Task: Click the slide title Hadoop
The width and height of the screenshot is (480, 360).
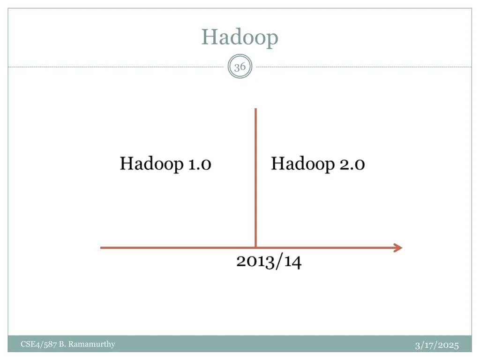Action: (x=240, y=37)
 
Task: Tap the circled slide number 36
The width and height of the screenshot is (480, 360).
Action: (x=240, y=67)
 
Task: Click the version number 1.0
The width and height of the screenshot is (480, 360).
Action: (x=199, y=165)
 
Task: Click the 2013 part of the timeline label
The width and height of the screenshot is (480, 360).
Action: (x=255, y=261)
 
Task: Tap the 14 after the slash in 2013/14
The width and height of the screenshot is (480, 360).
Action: (x=292, y=261)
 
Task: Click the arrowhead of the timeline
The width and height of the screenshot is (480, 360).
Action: (x=398, y=248)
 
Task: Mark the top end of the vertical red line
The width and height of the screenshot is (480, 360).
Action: (x=255, y=110)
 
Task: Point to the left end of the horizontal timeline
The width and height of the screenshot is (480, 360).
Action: (x=102, y=248)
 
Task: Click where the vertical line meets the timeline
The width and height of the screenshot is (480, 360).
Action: (x=255, y=247)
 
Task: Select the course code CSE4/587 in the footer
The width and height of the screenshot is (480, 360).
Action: (x=39, y=345)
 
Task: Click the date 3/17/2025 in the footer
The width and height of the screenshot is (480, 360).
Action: (x=436, y=345)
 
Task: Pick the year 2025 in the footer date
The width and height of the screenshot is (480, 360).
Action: (x=449, y=345)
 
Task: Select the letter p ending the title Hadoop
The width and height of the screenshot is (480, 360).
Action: (x=273, y=38)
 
